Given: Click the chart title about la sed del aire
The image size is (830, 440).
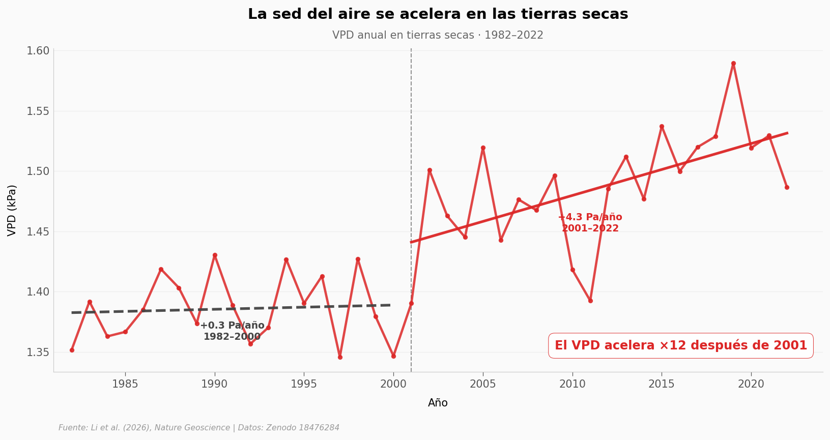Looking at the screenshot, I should click(438, 14).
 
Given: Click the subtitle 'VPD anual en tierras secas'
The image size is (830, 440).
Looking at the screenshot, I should click(438, 36).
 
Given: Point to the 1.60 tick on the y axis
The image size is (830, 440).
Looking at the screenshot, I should click(38, 51).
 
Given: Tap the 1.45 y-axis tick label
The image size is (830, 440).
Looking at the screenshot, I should click(38, 232).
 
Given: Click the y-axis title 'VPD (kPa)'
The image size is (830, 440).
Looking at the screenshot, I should click(12, 210).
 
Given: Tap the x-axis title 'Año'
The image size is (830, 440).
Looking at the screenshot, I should click(438, 403).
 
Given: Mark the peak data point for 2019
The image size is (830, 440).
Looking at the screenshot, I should click(733, 64).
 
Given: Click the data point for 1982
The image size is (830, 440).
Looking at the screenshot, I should click(72, 350).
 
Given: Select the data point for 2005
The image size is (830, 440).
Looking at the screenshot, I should click(483, 148).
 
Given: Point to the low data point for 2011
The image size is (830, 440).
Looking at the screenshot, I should click(590, 301).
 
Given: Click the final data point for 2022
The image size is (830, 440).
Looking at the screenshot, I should click(787, 187).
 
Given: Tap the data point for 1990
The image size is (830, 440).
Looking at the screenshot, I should click(215, 255).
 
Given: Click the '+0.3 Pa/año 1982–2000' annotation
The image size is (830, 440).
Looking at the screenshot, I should click(232, 331).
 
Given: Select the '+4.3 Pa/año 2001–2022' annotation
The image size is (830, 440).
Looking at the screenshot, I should click(590, 223).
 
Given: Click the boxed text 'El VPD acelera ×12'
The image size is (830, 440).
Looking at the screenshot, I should click(680, 346).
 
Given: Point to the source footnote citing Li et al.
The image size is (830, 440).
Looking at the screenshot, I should click(198, 428).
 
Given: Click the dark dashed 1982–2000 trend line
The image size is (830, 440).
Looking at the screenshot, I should click(305, 307).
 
